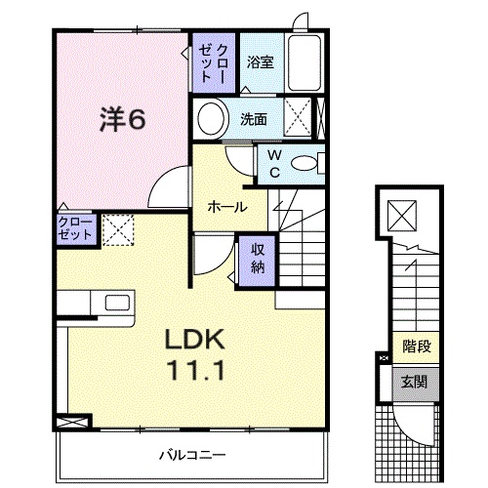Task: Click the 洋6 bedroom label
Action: click(121, 119)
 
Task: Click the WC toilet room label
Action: click(274, 163)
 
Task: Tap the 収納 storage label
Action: click(257, 258)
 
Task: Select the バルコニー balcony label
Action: click(193, 455)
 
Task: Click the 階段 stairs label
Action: click(413, 346)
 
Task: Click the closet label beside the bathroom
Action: click(216, 63)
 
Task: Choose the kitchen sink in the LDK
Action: click(116, 303)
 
